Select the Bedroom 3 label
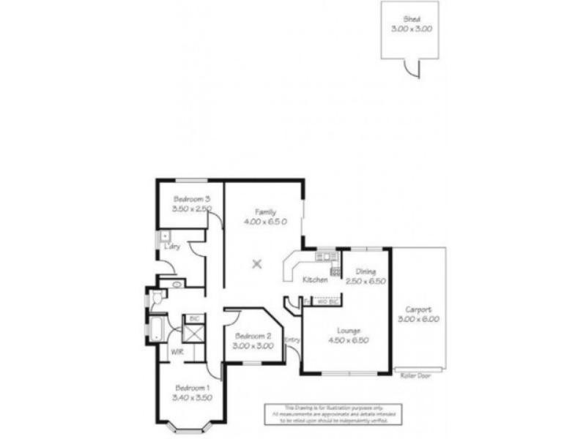192,198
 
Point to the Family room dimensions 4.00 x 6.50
265,220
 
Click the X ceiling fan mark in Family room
256,264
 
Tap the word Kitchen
314,280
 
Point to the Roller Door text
415,375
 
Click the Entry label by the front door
292,339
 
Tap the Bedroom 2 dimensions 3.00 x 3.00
253,345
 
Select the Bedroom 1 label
191,388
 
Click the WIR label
177,352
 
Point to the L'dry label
173,247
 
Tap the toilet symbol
156,298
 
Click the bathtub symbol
156,329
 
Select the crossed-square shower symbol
194,333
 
